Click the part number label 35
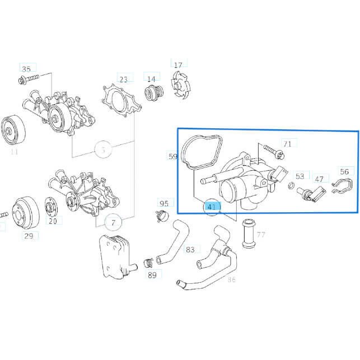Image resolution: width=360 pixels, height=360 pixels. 26,69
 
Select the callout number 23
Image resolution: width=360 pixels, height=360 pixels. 124,79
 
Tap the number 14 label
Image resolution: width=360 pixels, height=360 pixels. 152,78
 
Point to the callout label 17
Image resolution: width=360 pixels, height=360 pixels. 178,66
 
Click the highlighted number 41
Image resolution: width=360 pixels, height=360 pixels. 212,207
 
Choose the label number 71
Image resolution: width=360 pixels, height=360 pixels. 287,144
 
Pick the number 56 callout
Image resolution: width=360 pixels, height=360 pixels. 344,172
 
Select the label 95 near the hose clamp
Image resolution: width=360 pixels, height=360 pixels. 164,203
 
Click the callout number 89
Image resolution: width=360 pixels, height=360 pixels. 152,274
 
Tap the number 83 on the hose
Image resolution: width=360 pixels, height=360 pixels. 190,249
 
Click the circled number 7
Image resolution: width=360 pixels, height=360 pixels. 113,223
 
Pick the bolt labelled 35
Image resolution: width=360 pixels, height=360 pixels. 31,79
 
